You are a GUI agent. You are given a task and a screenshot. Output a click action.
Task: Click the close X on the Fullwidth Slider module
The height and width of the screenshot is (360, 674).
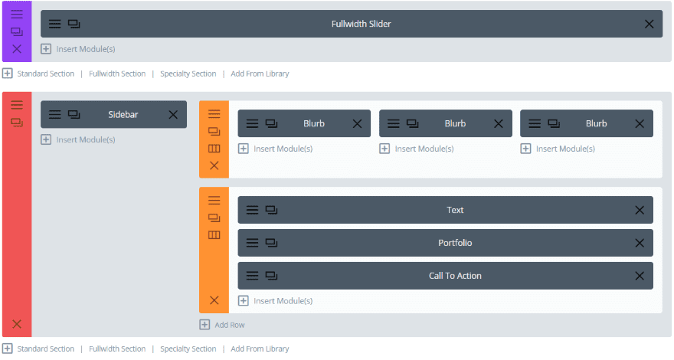pyautogui.click(x=649, y=24)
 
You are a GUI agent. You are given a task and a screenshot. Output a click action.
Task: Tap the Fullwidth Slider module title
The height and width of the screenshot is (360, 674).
pyautogui.click(x=361, y=24)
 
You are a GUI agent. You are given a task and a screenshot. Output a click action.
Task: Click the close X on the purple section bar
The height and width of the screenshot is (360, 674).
pyautogui.click(x=17, y=49)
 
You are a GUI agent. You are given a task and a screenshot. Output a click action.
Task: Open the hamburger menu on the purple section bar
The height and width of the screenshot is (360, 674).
pyautogui.click(x=17, y=15)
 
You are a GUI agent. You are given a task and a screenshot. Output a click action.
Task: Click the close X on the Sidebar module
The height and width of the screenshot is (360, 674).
pyautogui.click(x=173, y=114)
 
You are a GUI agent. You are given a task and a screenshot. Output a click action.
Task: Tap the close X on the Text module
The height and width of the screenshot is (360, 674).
pyautogui.click(x=640, y=210)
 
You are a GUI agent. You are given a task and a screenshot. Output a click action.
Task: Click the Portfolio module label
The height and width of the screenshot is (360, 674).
pyautogui.click(x=455, y=243)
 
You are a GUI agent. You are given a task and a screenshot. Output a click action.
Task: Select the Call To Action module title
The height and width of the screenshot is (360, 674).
pyautogui.click(x=455, y=276)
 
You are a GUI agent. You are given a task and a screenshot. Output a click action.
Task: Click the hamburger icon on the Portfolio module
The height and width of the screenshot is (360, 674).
pyautogui.click(x=252, y=243)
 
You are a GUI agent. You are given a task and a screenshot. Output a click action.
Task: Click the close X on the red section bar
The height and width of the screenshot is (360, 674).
pyautogui.click(x=17, y=324)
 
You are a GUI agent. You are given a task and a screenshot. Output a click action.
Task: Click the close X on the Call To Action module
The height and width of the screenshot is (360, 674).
pyautogui.click(x=640, y=276)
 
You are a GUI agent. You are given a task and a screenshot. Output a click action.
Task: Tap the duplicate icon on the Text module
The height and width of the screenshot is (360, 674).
pyautogui.click(x=271, y=210)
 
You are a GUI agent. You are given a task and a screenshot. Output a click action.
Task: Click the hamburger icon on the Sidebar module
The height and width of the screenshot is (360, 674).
pyautogui.click(x=55, y=114)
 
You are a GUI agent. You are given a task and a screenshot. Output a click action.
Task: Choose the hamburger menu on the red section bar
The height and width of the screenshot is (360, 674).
pyautogui.click(x=17, y=105)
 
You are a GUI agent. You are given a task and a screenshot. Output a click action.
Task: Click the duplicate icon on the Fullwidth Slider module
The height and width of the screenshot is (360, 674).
pyautogui.click(x=74, y=24)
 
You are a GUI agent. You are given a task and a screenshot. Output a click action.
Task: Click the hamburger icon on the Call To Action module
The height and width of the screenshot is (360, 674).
pyautogui.click(x=252, y=276)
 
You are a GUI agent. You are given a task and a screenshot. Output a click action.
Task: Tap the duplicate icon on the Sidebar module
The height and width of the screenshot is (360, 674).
pyautogui.click(x=74, y=114)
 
